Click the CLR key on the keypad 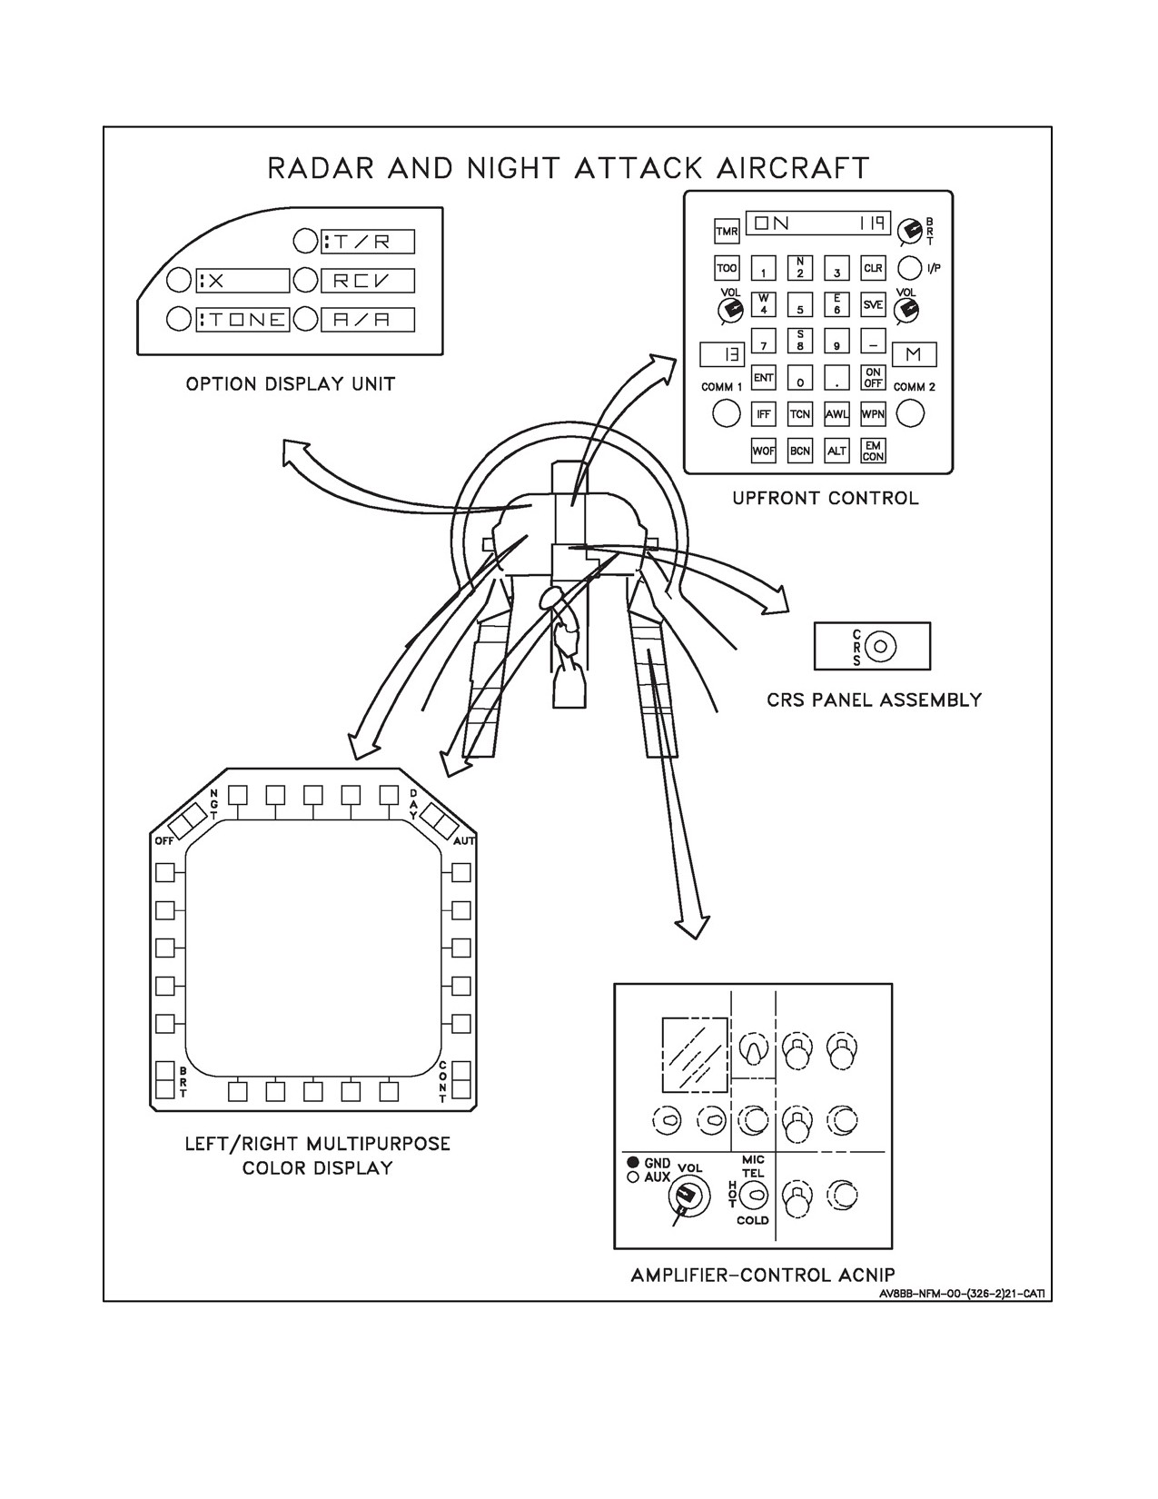[x=873, y=268]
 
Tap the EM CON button [x=873, y=452]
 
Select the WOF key [x=764, y=452]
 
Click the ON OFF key [x=873, y=377]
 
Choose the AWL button [x=836, y=414]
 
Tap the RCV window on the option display [x=368, y=281]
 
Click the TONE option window [x=242, y=320]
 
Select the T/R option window [x=368, y=242]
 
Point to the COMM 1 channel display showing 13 [x=722, y=354]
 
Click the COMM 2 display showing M [x=914, y=354]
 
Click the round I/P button [x=910, y=268]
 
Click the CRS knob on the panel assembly [x=880, y=646]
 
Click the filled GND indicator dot [x=632, y=1162]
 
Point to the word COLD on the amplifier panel [x=752, y=1220]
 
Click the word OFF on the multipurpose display [x=164, y=841]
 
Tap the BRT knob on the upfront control [x=910, y=232]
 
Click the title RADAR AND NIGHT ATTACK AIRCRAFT [x=569, y=168]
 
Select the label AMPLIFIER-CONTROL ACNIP [x=763, y=1274]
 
